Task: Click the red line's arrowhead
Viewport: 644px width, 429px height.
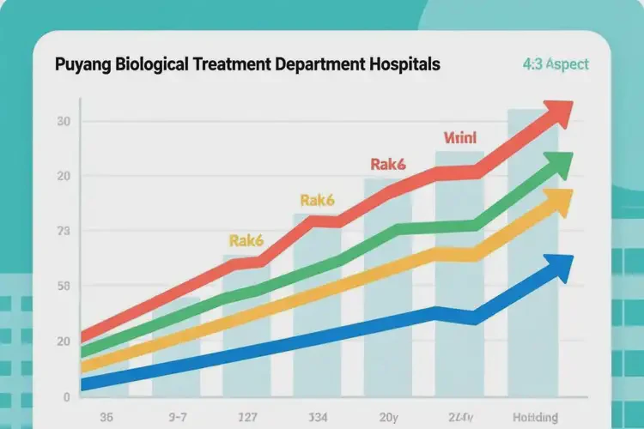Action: pos(556,113)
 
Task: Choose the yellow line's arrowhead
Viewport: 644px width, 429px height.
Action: pos(556,202)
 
